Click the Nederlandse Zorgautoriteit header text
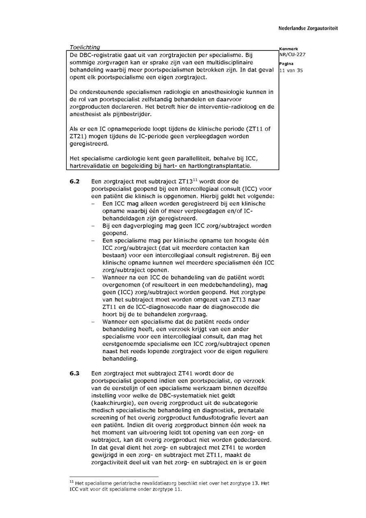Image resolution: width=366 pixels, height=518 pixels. click(x=308, y=28)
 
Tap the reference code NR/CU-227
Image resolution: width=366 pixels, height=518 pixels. click(x=292, y=55)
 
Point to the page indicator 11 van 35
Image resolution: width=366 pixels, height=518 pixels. click(x=291, y=70)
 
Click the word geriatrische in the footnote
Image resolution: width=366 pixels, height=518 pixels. click(x=128, y=483)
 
